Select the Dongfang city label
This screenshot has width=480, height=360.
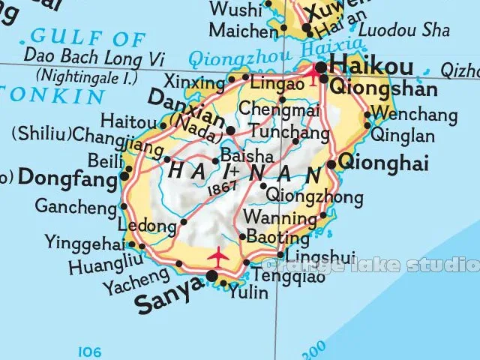(x=67, y=178)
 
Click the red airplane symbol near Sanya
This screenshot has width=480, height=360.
(x=217, y=255)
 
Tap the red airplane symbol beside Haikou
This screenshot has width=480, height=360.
(x=314, y=75)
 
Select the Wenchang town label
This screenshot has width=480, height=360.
(x=415, y=115)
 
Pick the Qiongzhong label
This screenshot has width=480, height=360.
(x=315, y=197)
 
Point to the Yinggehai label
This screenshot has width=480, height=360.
(x=85, y=241)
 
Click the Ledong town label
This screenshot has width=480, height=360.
(x=147, y=225)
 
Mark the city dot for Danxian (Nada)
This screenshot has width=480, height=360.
(x=230, y=130)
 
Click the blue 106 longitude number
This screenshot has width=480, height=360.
(x=89, y=350)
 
